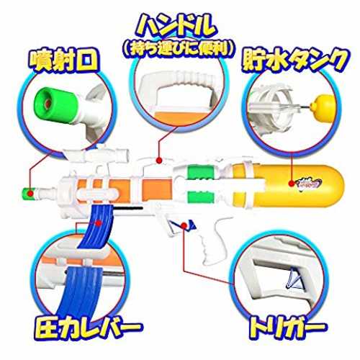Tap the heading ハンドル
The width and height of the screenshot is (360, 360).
coord(178,27)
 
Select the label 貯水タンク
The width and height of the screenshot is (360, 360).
coord(294,60)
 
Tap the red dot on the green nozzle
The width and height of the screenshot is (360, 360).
coord(30,193)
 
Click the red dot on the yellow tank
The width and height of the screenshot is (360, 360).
coord(292,184)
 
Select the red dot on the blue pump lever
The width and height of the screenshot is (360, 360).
coord(98,223)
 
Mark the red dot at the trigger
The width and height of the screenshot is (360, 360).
coord(184,225)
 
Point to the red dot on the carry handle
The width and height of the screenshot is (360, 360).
coord(158,160)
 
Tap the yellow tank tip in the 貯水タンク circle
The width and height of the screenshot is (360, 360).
coord(322,108)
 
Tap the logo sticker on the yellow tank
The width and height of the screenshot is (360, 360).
coord(310,184)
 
